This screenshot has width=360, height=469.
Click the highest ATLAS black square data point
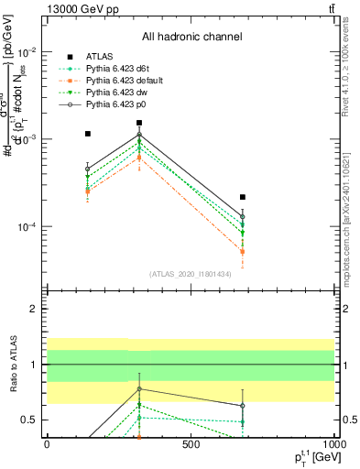[139, 123]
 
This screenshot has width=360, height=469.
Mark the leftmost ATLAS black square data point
[87, 134]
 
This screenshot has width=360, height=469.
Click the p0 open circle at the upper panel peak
[139, 135]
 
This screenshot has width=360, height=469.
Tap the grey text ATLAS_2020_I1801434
[190, 274]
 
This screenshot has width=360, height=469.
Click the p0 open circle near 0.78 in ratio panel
[139, 388]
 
